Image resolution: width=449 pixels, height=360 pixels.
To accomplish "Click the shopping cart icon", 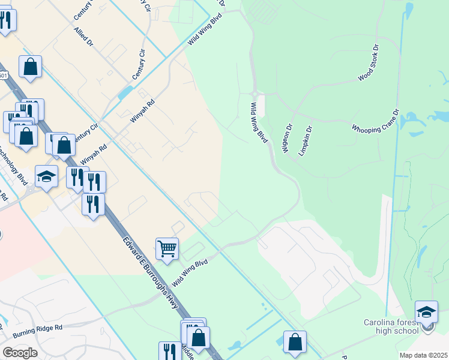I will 167,247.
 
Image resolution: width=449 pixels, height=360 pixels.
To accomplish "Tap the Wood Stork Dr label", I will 369,62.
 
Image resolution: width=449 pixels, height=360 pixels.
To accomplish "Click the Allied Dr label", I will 83,37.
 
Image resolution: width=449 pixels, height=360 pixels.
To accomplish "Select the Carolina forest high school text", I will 391,326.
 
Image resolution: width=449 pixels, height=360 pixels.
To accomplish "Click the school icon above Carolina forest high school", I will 426,311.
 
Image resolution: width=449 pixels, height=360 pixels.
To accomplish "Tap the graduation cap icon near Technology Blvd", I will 46,176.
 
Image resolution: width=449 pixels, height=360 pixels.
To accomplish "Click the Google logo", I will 20,353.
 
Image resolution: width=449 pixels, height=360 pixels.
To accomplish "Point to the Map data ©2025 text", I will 423,355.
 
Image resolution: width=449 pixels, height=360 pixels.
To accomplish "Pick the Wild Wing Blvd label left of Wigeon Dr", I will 258,122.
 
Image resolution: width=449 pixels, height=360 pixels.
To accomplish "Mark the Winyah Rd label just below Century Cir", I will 143,110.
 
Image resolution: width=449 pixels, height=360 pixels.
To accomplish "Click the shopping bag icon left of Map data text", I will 294,342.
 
